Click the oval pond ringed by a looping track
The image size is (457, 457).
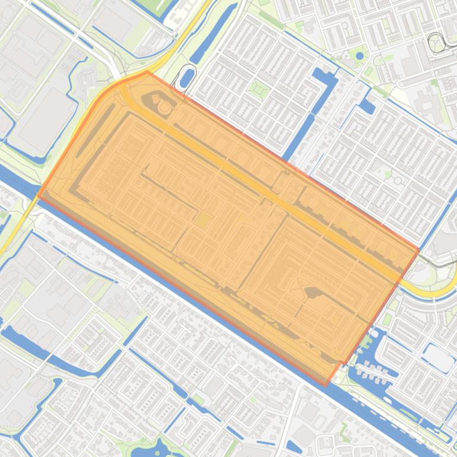186,78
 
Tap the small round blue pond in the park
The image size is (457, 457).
360,56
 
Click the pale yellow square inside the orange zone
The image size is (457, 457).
202,221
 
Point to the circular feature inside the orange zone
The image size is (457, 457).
164,107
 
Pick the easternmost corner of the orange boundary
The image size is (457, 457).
419,250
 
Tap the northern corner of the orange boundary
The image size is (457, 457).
147,72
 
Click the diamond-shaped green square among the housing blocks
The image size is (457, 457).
258,89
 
